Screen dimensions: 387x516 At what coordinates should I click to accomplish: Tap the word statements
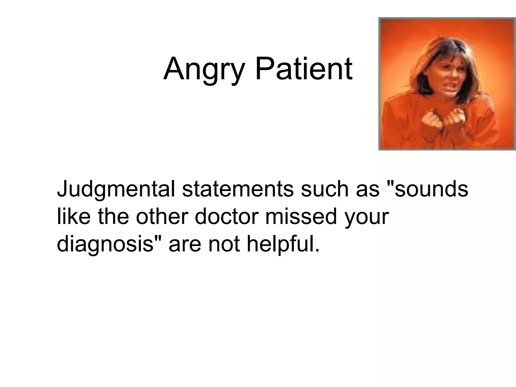point(238,189)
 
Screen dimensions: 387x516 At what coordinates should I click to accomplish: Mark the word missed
point(301,217)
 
